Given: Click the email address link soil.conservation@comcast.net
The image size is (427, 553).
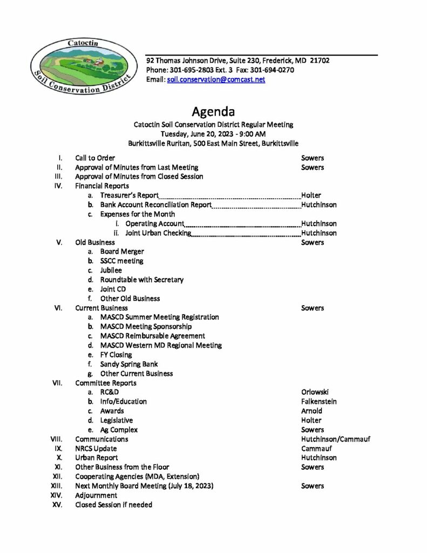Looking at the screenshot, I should pos(216,79).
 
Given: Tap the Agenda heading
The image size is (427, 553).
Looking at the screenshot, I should pos(213,112).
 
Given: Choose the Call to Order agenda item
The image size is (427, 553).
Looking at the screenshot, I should pos(94,158).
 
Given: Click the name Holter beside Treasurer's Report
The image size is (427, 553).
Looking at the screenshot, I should pos(311,195).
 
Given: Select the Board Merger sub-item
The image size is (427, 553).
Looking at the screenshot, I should pos(121,252).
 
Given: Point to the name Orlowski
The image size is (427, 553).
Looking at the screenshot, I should pos(315,392).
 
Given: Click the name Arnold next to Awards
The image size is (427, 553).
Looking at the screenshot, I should pos(311,411).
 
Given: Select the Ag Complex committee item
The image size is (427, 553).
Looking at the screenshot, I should pos(119,430).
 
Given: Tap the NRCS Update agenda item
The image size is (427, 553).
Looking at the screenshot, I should pos(96,448).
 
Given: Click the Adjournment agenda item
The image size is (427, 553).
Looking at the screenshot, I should pos(96,495).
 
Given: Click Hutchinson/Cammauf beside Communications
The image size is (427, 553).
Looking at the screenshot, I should pos(335,439).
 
